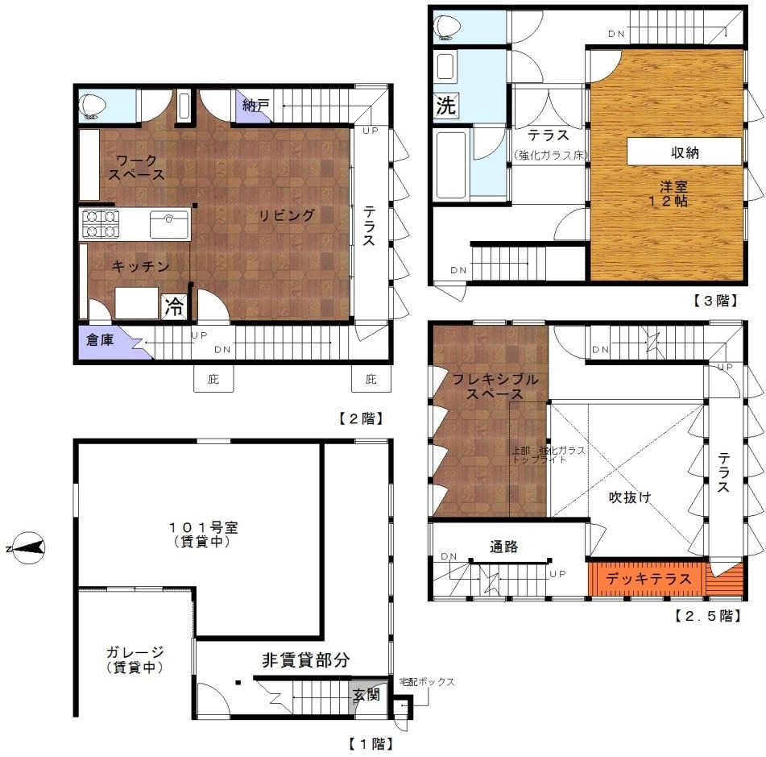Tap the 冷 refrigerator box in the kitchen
pos(175,306)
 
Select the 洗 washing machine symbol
pos(445,105)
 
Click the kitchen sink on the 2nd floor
pos(169,224)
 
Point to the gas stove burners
pos(101,224)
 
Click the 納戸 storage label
pos(256,105)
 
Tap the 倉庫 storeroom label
pos(100,339)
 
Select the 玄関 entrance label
pos(366,694)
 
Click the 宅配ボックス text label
pos(426,682)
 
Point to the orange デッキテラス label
pos(648,579)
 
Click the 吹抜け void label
pos(630,497)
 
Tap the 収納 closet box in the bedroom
pos(684,152)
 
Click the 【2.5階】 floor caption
pos(708,615)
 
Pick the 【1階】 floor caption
pos(371,744)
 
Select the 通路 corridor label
pos(503,547)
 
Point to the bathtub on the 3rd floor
pos(450,164)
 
